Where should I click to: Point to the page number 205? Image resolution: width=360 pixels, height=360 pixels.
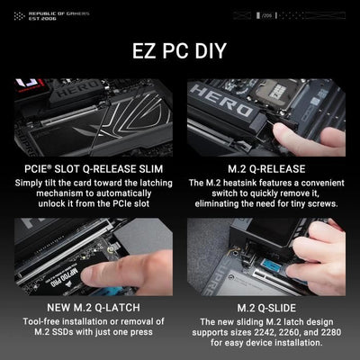(x=268, y=15)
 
